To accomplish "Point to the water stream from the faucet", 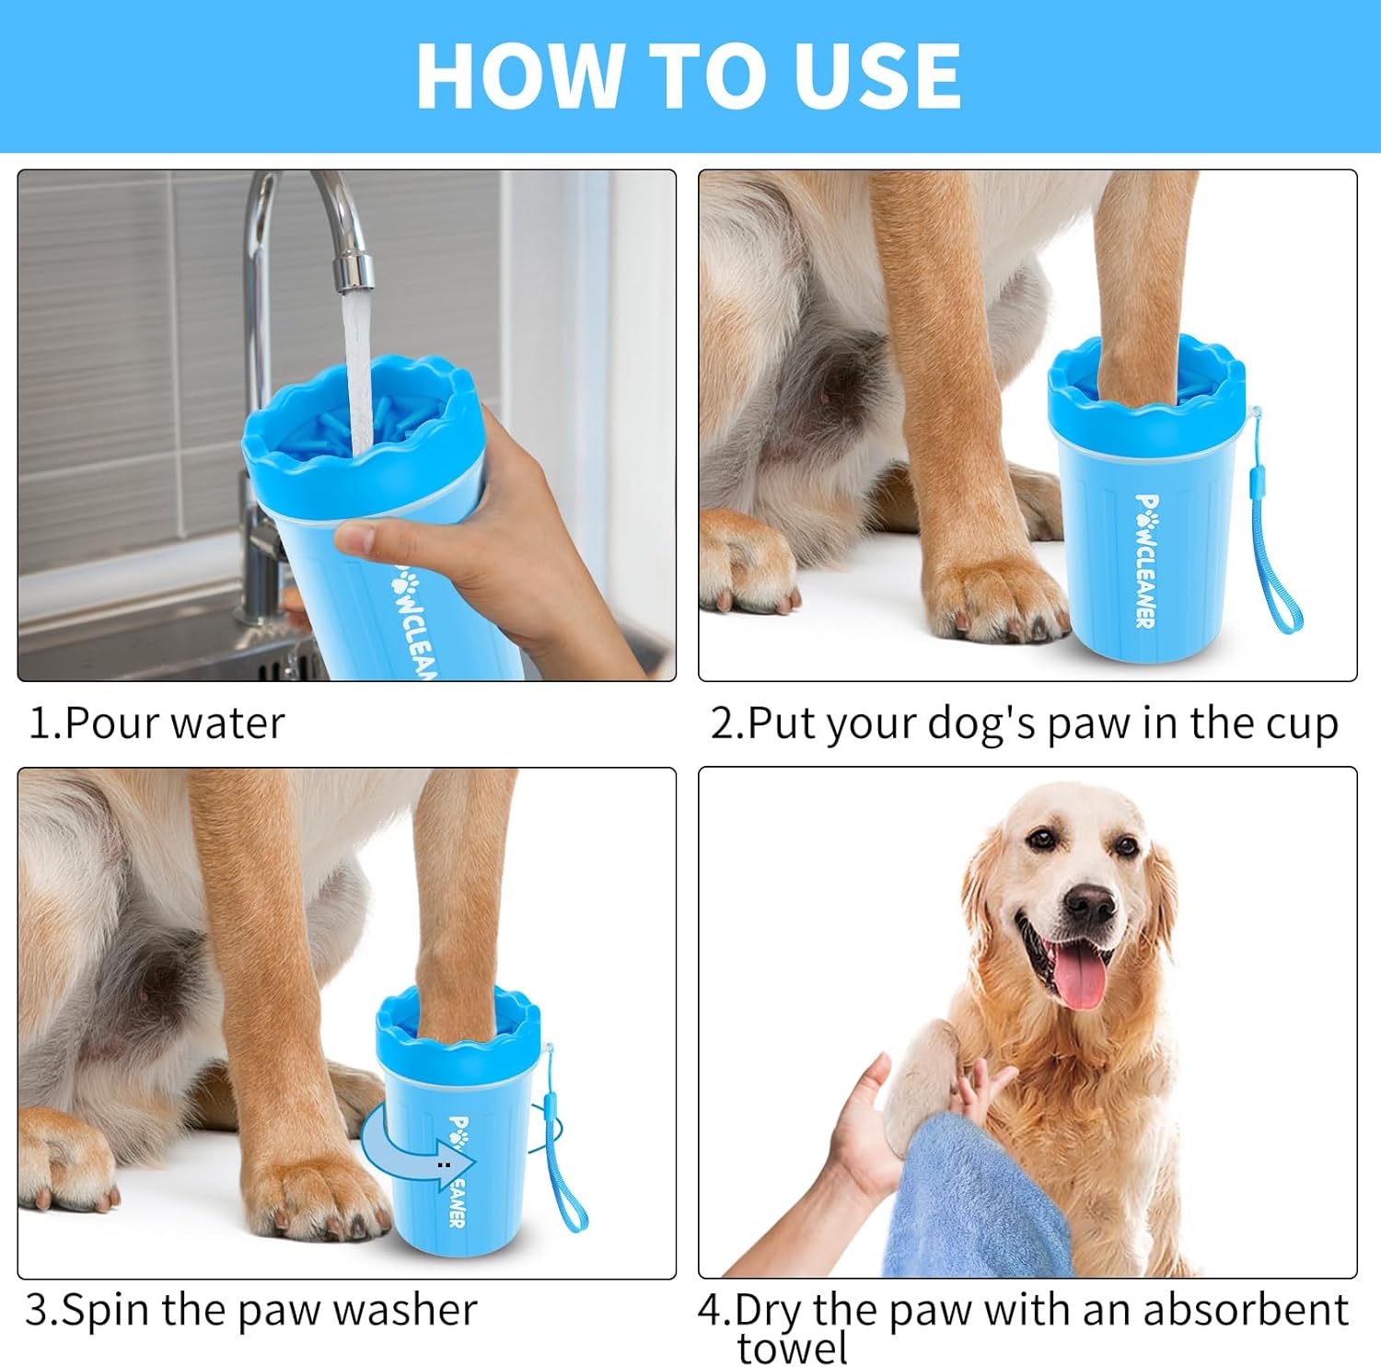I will pyautogui.click(x=357, y=368).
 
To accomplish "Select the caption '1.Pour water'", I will pyautogui.click(x=157, y=724).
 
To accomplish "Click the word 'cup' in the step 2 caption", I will pyautogui.click(x=1302, y=724).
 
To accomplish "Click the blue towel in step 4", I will pyautogui.click(x=976, y=1197).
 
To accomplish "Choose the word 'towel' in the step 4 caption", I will pyautogui.click(x=792, y=1349).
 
